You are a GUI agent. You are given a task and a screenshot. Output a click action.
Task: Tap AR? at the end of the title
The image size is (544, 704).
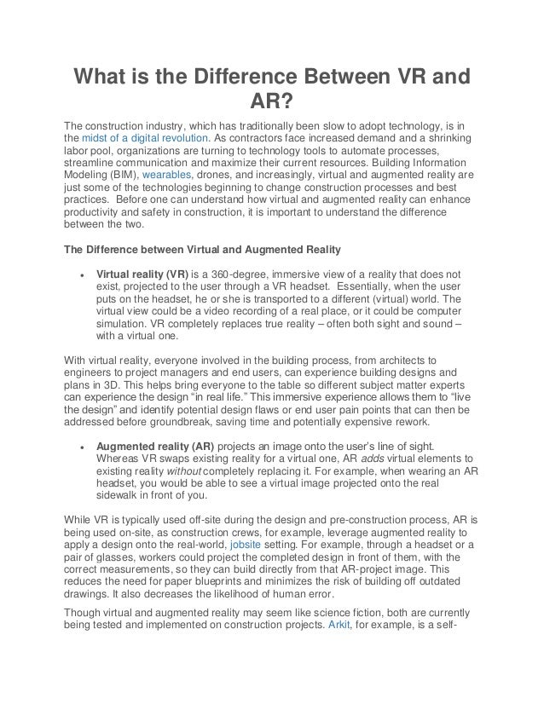[x=271, y=105]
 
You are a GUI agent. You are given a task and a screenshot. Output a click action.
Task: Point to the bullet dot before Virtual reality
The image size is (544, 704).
[x=80, y=275]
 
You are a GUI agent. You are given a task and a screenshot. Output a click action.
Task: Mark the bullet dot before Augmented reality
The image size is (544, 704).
[x=80, y=446]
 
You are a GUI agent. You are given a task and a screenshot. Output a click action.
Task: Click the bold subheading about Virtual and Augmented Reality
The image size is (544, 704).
[x=203, y=250]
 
